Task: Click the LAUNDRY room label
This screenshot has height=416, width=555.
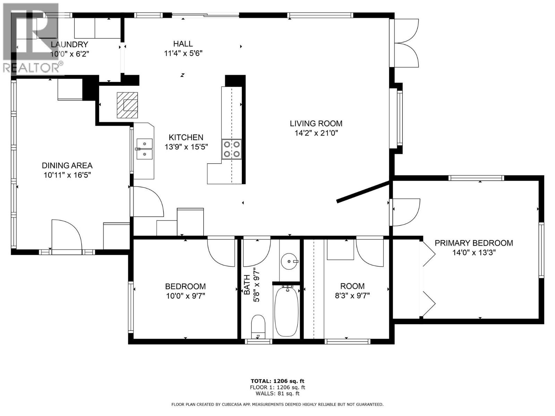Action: tap(69, 44)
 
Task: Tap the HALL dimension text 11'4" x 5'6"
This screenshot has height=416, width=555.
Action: tap(183, 53)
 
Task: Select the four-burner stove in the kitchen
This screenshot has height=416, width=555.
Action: tap(232, 149)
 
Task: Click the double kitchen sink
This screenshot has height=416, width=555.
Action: tap(145, 149)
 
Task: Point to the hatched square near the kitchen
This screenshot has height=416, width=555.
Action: tap(127, 105)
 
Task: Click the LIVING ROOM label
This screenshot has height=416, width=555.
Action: tap(316, 123)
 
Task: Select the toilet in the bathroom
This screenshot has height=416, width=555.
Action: tap(258, 326)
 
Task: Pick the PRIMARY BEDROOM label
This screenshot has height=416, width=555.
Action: tap(473, 243)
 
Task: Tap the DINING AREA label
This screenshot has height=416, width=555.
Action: tap(67, 166)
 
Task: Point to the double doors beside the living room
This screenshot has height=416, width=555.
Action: tap(408, 43)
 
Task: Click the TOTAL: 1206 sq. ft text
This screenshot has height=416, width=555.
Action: tap(277, 381)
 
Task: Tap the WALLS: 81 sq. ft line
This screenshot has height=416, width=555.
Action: tap(277, 393)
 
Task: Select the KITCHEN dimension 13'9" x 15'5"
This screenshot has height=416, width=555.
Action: tap(186, 147)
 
